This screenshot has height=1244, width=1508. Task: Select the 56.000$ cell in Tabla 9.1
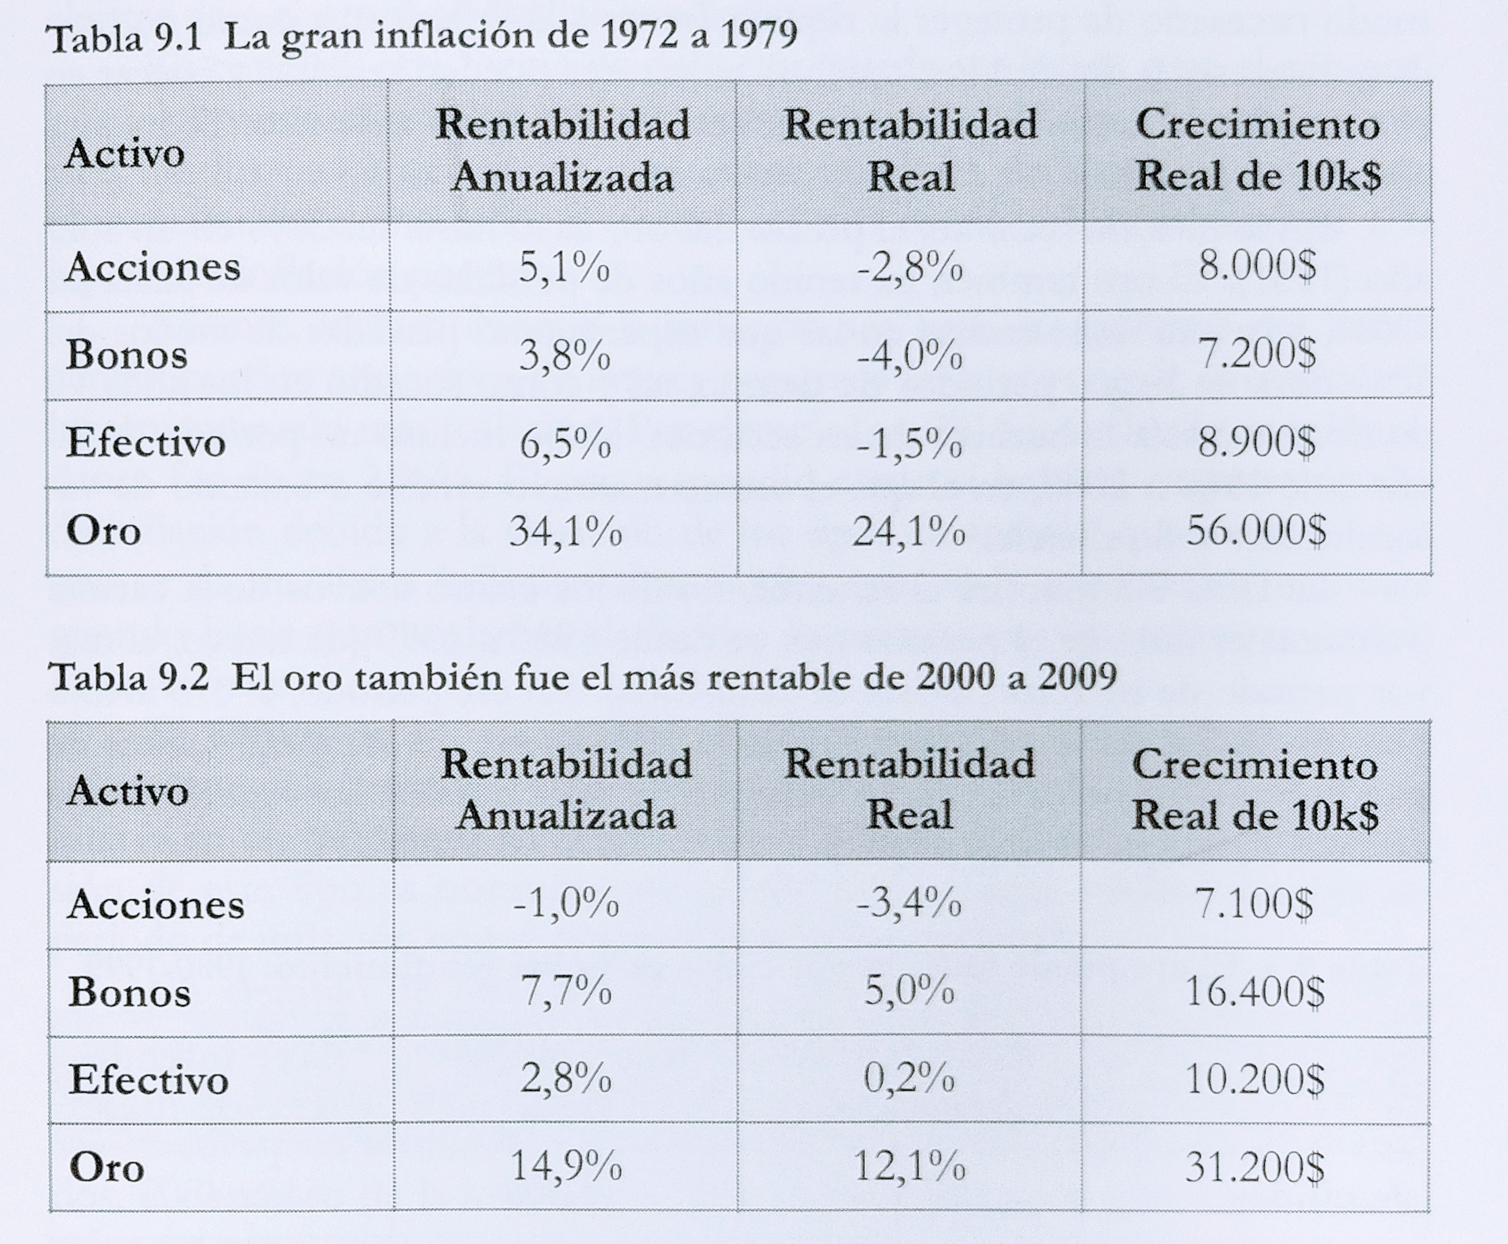1256,531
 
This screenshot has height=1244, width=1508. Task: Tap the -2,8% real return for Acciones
909,267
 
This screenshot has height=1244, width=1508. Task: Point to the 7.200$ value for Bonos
1257,354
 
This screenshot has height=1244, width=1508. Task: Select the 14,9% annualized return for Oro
565,1166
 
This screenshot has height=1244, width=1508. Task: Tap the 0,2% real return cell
909,1079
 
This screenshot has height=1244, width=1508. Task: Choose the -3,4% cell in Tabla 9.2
909,904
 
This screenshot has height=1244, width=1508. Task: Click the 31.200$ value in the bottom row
1254,1167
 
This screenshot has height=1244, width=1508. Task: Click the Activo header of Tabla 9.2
128,791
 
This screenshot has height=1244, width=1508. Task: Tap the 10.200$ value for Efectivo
1254,1079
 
